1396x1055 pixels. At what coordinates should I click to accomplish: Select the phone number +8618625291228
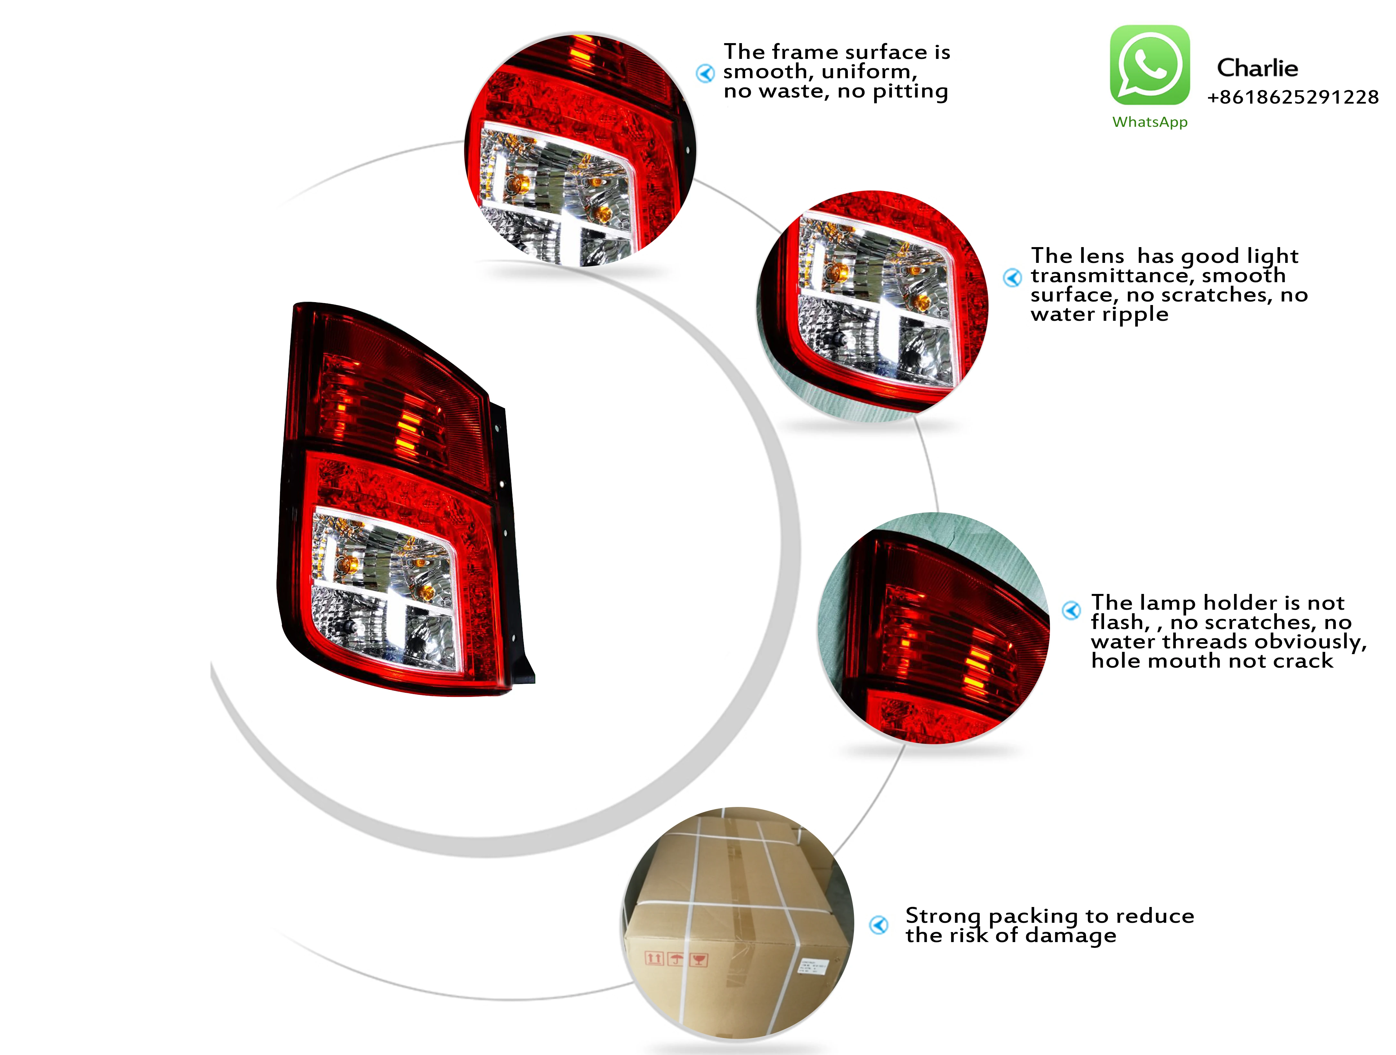click(x=1292, y=97)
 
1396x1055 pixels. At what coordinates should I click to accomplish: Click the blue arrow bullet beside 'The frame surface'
click(x=705, y=73)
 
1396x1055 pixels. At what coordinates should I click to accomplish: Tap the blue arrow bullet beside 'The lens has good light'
click(x=1012, y=278)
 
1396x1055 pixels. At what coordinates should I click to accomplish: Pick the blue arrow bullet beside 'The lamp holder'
click(x=1071, y=610)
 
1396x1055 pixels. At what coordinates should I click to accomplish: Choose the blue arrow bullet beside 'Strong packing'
click(x=878, y=925)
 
